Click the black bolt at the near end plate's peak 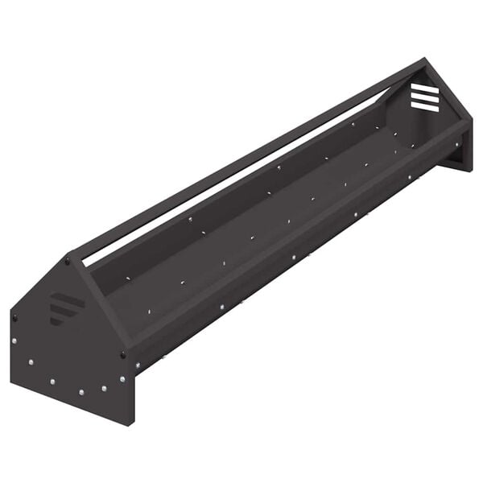click(x=68, y=261)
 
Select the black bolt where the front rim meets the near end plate click(x=123, y=354)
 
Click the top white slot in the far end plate click(x=424, y=88)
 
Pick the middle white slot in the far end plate click(x=424, y=97)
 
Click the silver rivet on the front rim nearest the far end click(x=458, y=145)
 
